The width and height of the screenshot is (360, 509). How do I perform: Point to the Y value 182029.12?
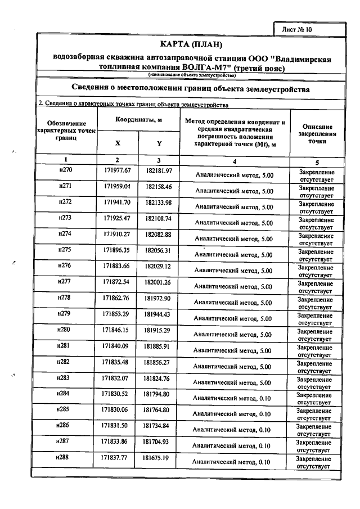pyautogui.click(x=159, y=266)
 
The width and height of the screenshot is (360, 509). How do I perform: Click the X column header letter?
pyautogui.click(x=118, y=143)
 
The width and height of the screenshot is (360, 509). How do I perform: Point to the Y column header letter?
pyautogui.click(x=159, y=143)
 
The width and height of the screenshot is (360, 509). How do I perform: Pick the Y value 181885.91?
pyautogui.click(x=159, y=346)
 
